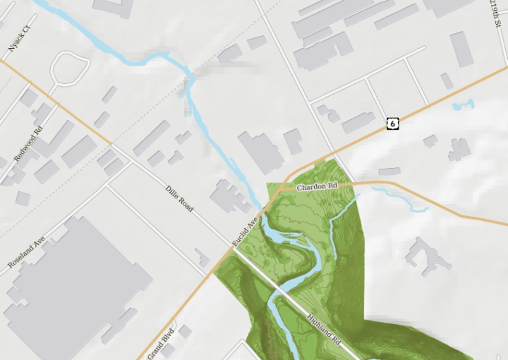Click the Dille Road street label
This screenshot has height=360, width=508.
179,198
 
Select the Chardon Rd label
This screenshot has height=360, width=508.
317,187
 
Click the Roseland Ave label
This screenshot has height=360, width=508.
26,251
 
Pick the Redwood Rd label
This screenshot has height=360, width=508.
29,143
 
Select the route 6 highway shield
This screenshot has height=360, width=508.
393,124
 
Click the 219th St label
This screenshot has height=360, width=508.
495,14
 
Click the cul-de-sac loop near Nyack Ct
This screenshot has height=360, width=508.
69,69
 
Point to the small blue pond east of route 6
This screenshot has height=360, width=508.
464,106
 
